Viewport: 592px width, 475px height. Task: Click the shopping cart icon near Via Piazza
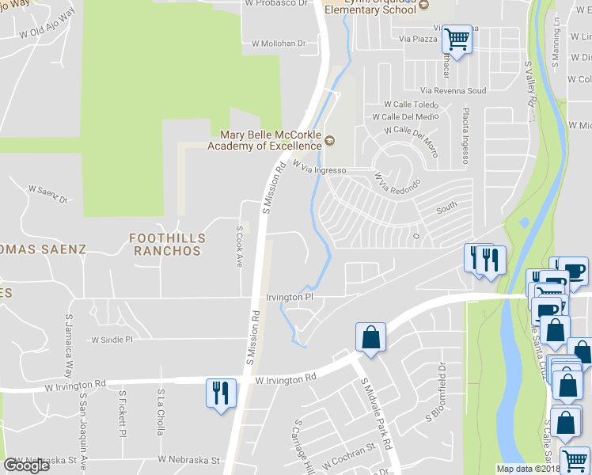[x=457, y=37]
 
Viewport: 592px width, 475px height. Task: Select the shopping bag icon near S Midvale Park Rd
[x=370, y=337]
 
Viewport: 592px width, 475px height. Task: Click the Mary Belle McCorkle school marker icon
[x=329, y=142]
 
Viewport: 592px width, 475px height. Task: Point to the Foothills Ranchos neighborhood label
[x=168, y=244]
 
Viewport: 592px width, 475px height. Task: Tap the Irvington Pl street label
[x=290, y=297]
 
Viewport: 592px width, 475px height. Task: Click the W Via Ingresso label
[x=320, y=168]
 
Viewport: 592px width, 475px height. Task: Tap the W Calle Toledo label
[x=411, y=104]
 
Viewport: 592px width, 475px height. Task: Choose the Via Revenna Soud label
[x=453, y=91]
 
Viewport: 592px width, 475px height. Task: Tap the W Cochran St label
[x=348, y=450]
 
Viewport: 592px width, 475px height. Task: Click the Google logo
[x=26, y=465]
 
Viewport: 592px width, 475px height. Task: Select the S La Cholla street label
[x=161, y=412]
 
